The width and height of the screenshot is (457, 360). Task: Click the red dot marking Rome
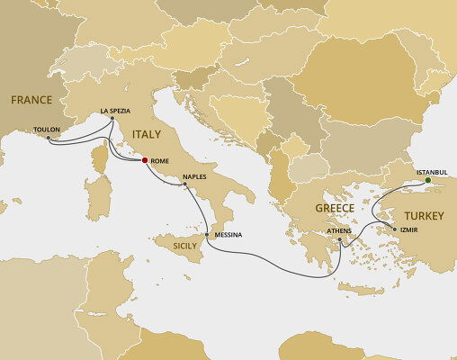(145, 161)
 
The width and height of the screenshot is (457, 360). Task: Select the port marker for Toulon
(48, 139)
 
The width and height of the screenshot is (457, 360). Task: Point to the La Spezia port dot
(111, 119)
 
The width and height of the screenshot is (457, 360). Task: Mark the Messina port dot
(208, 236)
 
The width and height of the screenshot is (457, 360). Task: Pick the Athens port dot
(339, 239)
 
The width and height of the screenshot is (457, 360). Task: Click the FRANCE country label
(31, 99)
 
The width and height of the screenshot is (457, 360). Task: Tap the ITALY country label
(148, 135)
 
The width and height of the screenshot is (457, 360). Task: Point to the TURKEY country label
(424, 216)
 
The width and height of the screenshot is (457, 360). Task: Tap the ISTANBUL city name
(430, 171)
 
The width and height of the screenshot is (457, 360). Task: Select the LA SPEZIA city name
(117, 110)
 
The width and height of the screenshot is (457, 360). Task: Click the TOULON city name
(46, 130)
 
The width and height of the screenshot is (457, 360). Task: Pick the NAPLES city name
(194, 177)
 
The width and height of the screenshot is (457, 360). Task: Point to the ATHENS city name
(339, 231)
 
